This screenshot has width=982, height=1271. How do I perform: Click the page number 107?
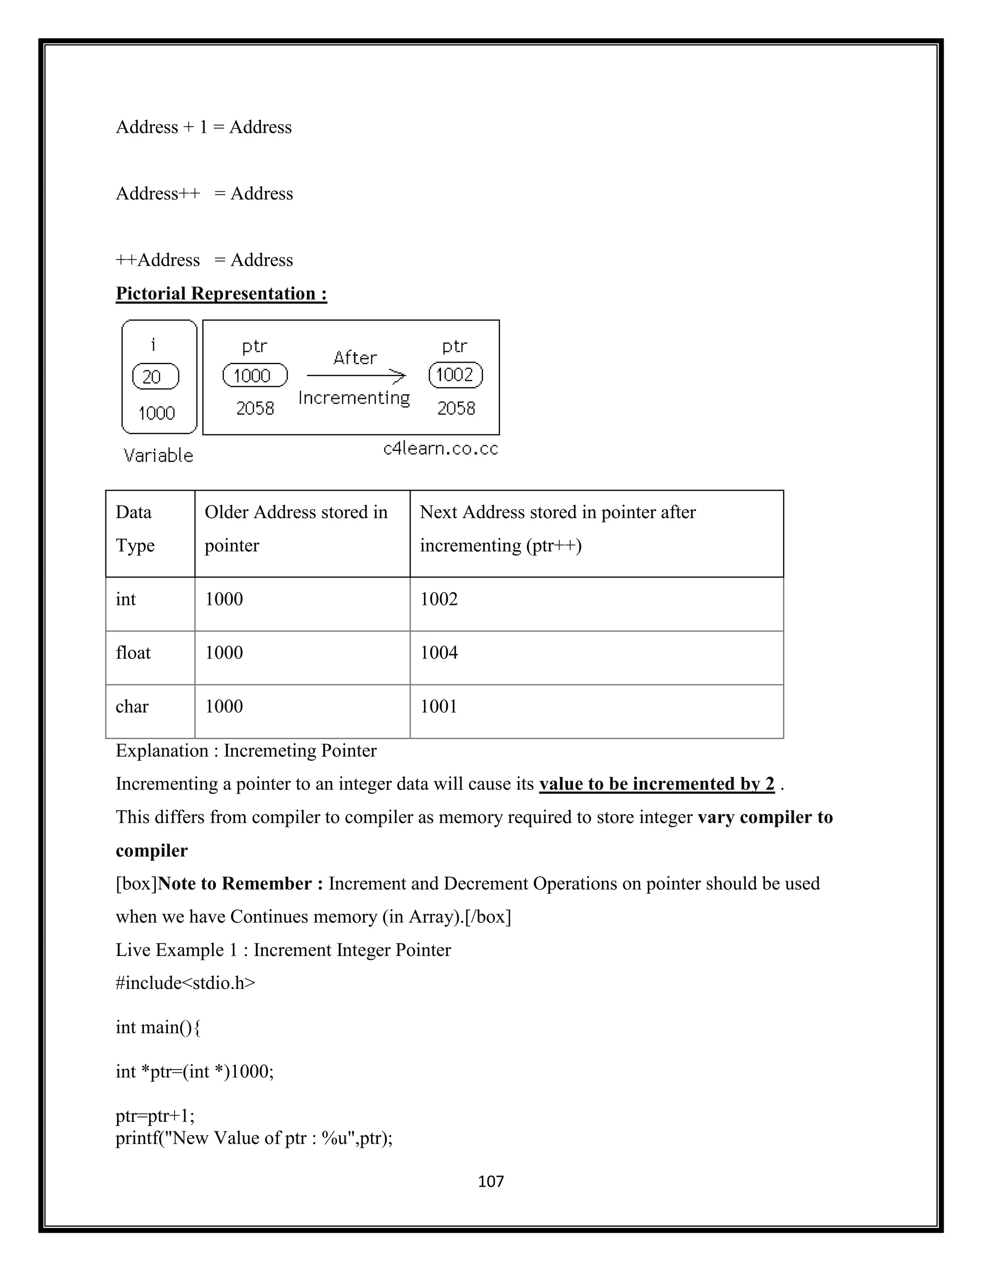pos(491,1181)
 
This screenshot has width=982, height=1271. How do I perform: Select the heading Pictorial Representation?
pos(221,294)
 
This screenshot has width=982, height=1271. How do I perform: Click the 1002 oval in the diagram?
pos(456,375)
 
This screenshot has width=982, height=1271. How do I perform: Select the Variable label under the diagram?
pos(158,455)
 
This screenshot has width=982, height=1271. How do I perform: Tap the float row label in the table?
pos(133,652)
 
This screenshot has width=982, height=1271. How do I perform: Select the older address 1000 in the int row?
pos(224,599)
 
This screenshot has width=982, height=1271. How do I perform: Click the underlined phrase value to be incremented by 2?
pos(657,784)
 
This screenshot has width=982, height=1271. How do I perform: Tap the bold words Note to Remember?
pos(240,883)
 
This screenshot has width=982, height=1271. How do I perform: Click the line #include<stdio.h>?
pos(186,983)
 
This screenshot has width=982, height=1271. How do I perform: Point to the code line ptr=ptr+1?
pos(155,1116)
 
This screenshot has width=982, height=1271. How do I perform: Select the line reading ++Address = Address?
pos(204,259)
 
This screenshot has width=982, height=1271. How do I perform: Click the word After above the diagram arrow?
pos(355,357)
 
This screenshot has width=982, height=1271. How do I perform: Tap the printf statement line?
pos(254,1138)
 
